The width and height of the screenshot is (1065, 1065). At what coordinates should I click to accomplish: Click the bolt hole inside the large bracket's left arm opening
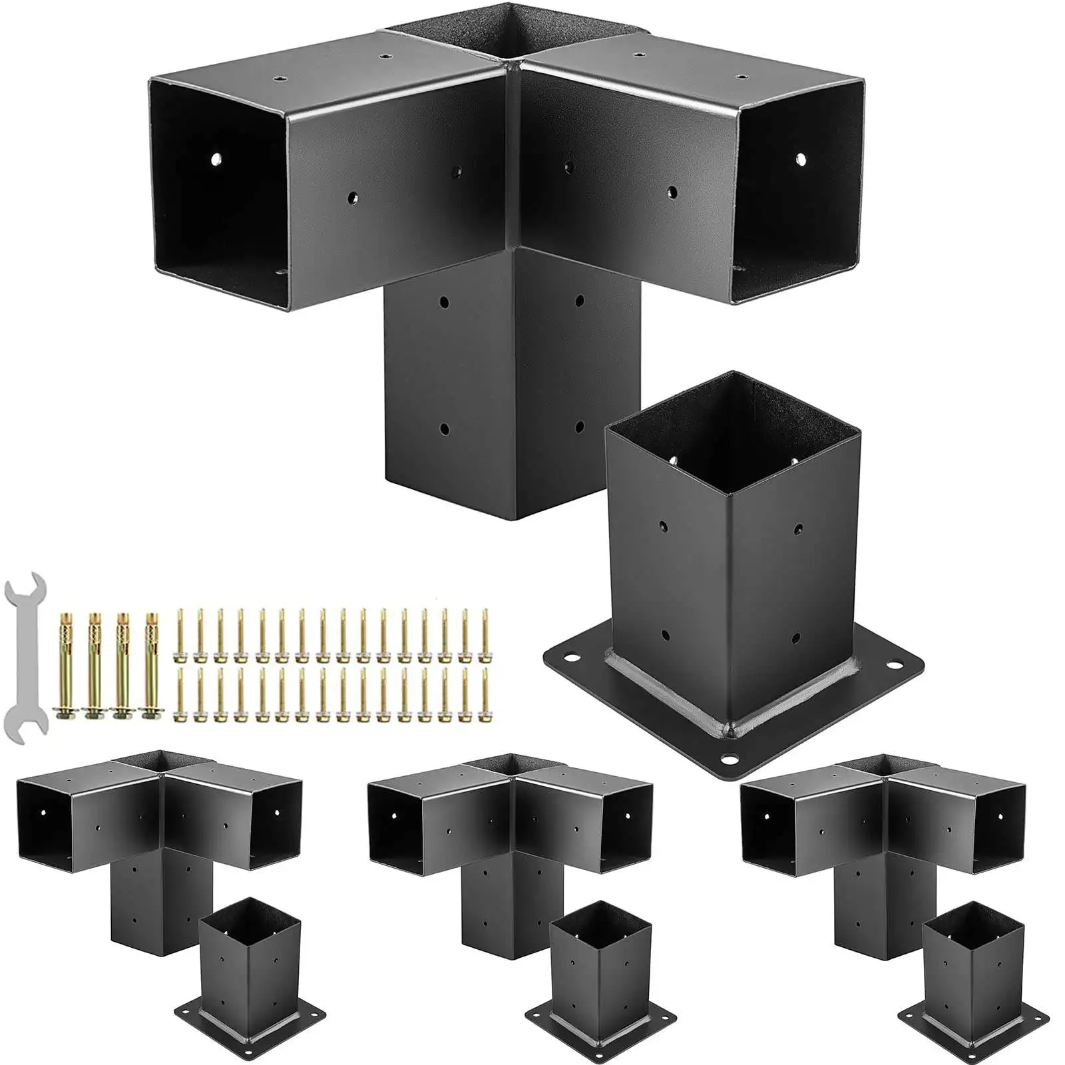coord(216,160)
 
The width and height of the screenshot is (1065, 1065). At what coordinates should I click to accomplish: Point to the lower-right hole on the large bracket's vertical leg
coord(578,425)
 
